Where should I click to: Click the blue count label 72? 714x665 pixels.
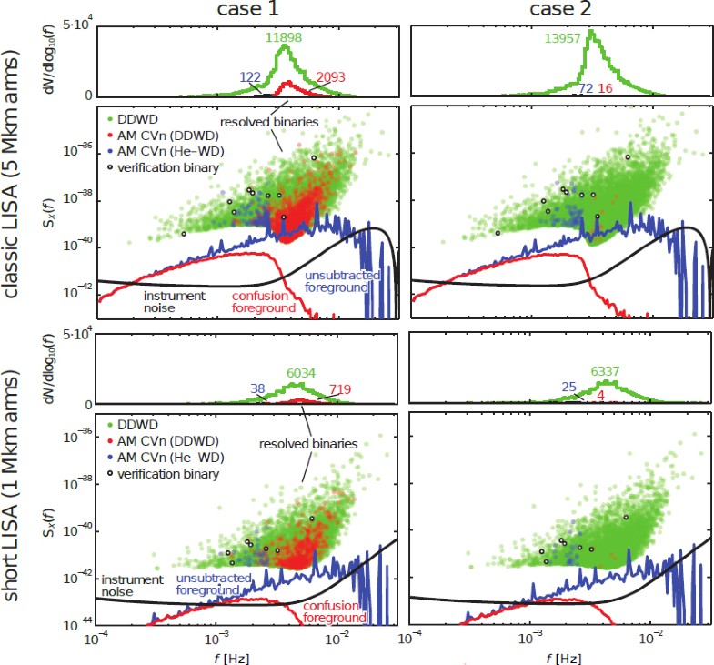[586, 88]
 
